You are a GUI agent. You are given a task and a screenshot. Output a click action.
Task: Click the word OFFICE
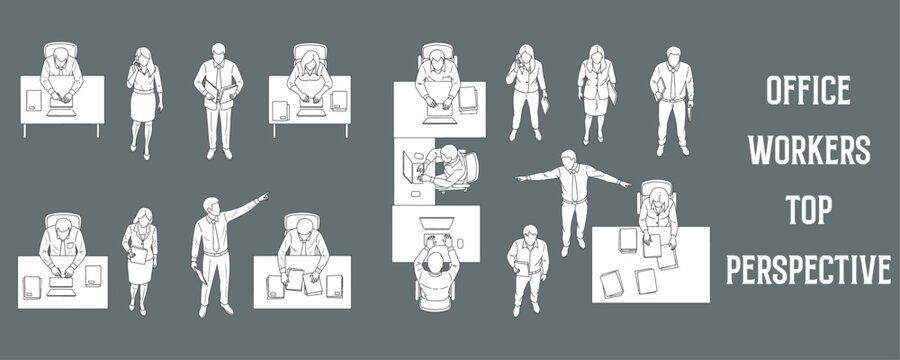click(x=808, y=92)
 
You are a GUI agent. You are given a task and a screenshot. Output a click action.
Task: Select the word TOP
click(x=808, y=209)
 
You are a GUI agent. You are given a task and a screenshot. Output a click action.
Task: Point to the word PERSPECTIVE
click(x=808, y=268)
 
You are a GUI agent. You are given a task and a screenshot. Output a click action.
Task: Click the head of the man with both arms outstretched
click(x=568, y=158)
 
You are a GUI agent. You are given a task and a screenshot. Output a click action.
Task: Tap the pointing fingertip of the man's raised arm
click(x=265, y=195)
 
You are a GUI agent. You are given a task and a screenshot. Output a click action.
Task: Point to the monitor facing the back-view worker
click(x=436, y=222)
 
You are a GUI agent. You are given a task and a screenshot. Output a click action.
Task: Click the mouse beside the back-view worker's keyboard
click(x=461, y=241)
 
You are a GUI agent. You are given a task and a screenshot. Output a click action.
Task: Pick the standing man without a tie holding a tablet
click(x=527, y=268)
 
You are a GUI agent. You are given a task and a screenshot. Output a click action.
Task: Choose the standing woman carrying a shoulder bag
click(x=597, y=93)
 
